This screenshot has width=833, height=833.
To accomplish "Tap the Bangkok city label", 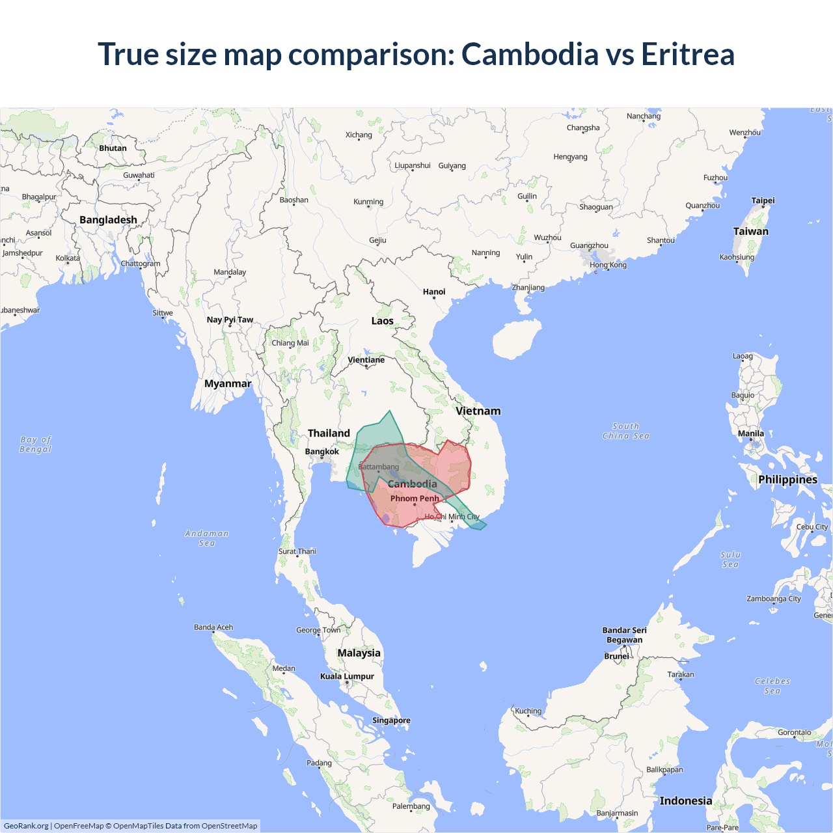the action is [x=322, y=452].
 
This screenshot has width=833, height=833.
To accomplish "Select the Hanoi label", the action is [x=434, y=292].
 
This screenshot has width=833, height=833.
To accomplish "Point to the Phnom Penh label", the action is [x=415, y=498].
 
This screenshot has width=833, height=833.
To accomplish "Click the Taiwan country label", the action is [x=750, y=231].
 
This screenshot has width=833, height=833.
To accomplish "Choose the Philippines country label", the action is [x=787, y=480].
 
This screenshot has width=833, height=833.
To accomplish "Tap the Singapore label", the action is [x=391, y=720].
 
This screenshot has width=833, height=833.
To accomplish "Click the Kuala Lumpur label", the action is [x=347, y=676].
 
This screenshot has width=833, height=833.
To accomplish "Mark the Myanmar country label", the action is [x=228, y=383].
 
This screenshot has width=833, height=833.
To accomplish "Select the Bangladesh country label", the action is [x=108, y=220].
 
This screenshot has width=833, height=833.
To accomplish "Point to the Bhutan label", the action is [x=113, y=148].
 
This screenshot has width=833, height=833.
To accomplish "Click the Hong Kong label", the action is [x=608, y=265].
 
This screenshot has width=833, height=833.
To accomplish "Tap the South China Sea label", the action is [x=626, y=431].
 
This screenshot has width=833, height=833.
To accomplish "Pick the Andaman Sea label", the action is [x=207, y=538].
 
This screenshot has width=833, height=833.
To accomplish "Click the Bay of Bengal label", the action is [x=36, y=444].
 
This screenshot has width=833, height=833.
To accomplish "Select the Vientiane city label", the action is [x=366, y=360].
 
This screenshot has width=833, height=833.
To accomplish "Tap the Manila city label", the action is [x=751, y=433].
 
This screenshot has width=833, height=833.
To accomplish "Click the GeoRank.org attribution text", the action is [x=26, y=826].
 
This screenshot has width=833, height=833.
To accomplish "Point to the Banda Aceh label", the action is [x=213, y=627].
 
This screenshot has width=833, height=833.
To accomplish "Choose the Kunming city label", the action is [x=368, y=202].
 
